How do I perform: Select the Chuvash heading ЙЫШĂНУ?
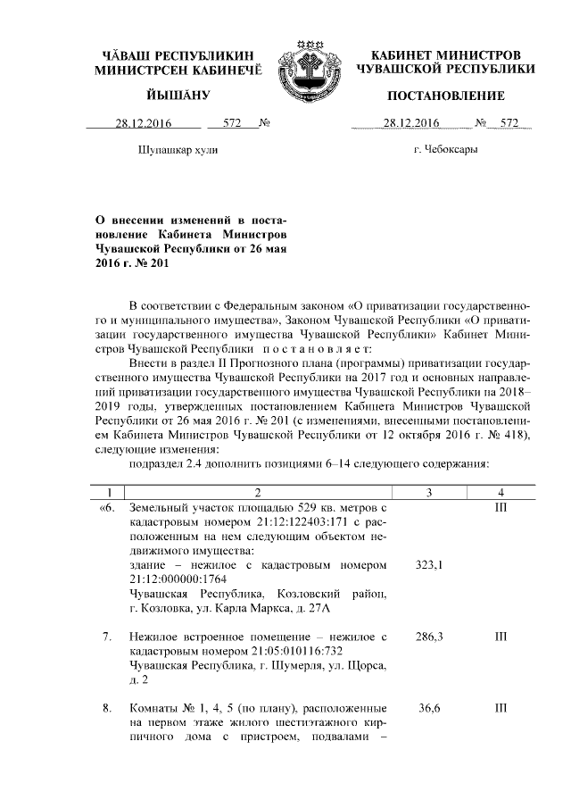click(x=178, y=96)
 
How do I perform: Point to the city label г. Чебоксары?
click(x=445, y=150)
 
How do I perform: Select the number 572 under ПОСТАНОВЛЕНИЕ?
click(x=509, y=124)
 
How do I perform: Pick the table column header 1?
click(x=108, y=492)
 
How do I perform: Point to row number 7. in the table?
click(x=106, y=637)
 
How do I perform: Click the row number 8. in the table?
click(x=106, y=708)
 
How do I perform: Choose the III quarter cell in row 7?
click(x=501, y=637)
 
